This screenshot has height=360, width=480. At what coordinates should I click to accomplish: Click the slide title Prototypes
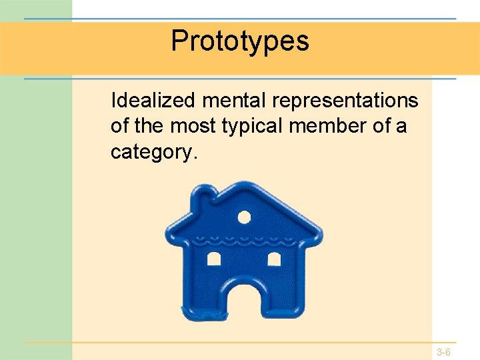pos(240,41)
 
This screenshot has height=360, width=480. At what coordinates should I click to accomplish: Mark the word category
pos(153,152)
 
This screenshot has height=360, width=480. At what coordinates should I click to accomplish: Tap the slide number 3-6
pos(444,351)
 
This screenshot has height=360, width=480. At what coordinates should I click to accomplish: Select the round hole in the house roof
pos(244,217)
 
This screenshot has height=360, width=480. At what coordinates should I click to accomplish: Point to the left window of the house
pos(214,259)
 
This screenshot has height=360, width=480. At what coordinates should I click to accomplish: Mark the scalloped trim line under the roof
pos(244,238)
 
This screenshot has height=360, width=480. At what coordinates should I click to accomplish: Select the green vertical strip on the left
pos(36,200)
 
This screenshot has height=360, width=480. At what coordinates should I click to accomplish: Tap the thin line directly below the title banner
pos(240,79)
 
